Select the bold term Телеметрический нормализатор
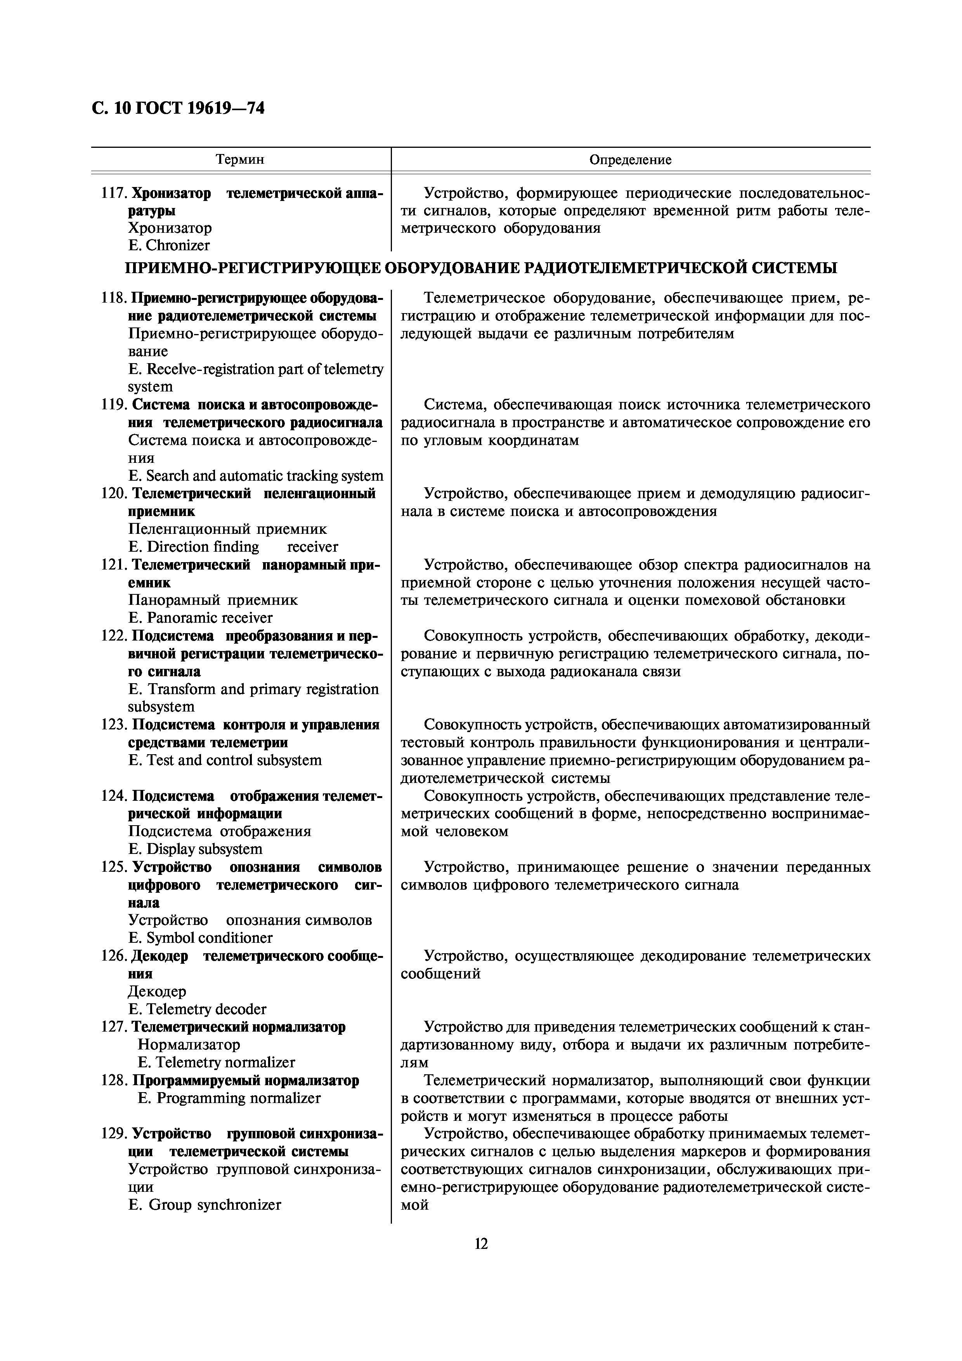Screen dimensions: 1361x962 point(238,1027)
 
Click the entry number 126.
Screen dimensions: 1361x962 point(113,956)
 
